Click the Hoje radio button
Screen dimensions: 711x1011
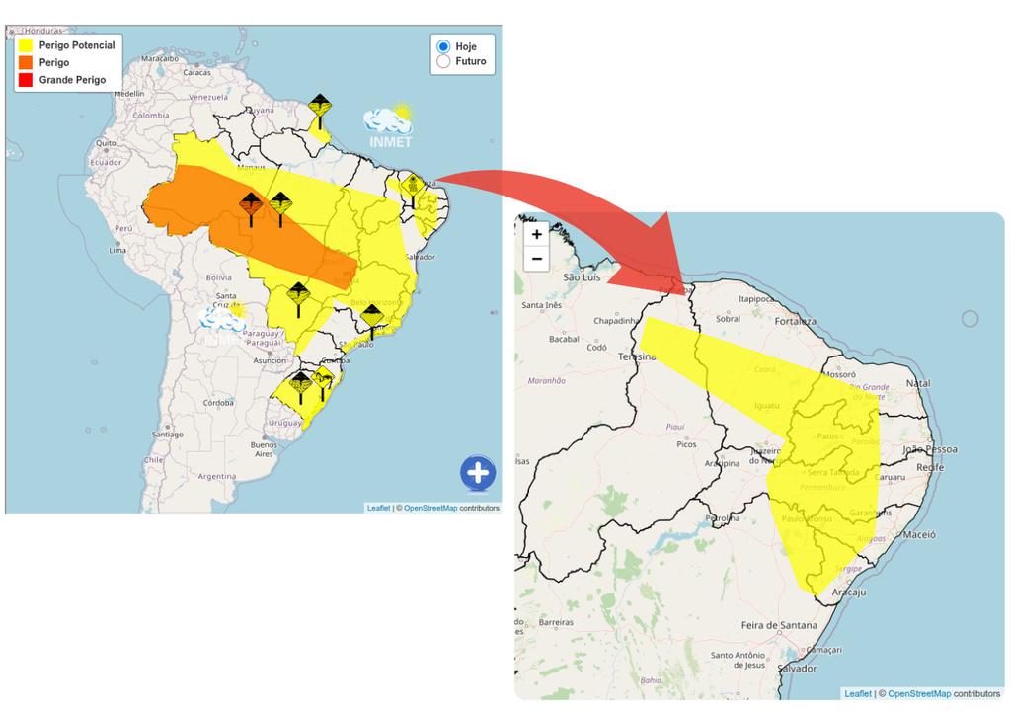(443, 46)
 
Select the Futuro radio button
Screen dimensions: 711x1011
(443, 61)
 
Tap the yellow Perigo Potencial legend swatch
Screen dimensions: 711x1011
(26, 45)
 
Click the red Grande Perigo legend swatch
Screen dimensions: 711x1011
(26, 79)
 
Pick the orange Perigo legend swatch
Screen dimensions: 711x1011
(26, 62)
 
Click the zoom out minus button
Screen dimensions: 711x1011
(536, 259)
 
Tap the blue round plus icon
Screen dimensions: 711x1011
(478, 473)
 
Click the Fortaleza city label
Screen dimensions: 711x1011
(795, 321)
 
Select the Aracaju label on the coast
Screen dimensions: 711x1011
(848, 592)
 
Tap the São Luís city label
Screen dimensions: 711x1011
(582, 277)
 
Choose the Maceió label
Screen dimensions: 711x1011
(917, 534)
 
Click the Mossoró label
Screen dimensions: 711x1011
(837, 375)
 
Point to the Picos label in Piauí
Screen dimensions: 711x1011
(685, 444)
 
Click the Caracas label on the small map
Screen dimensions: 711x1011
(196, 72)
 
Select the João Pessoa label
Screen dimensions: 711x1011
(929, 449)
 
